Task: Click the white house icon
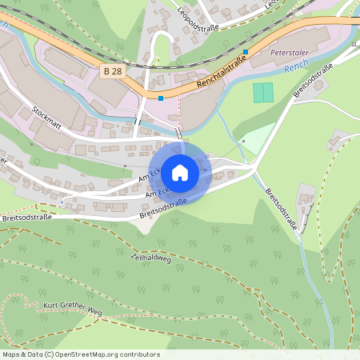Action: click(179, 172)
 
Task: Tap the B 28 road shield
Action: click(113, 72)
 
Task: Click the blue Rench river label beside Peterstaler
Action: click(294, 69)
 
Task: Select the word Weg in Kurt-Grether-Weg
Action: click(94, 311)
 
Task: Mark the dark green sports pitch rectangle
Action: click(263, 93)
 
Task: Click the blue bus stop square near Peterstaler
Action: click(246, 52)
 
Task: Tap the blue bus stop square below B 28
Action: click(161, 98)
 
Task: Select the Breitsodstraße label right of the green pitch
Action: click(312, 82)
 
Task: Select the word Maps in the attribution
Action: click(11, 354)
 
